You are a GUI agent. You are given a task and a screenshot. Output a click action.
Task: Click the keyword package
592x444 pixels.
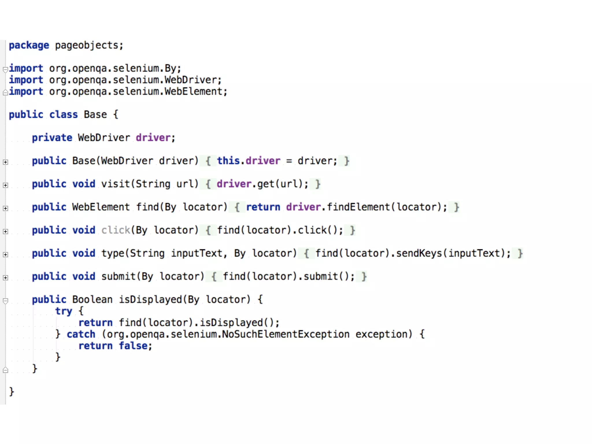click(x=29, y=45)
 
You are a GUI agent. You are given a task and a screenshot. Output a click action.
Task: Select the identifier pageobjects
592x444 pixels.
click(x=87, y=45)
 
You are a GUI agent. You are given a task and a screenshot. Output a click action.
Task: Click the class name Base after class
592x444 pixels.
click(x=95, y=115)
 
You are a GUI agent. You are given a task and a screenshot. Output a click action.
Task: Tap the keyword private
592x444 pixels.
click(x=52, y=138)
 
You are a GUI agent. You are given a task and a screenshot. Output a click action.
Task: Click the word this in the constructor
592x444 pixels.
click(x=228, y=161)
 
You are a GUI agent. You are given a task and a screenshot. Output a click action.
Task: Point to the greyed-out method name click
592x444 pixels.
click(x=116, y=230)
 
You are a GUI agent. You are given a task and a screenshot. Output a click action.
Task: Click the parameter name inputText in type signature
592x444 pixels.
click(x=197, y=253)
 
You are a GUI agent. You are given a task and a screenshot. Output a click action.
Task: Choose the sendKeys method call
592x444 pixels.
click(x=419, y=253)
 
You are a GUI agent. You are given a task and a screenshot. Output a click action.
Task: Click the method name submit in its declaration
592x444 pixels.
click(x=119, y=276)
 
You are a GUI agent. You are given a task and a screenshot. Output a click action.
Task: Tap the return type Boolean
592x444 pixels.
click(x=92, y=299)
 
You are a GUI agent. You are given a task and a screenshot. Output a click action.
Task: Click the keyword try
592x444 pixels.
click(x=64, y=311)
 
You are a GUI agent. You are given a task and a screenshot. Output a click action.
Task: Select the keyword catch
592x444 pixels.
click(x=81, y=334)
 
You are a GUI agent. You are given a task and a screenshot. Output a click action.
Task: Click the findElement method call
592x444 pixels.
click(x=358, y=207)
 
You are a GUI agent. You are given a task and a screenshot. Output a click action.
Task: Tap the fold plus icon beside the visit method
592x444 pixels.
click(x=5, y=185)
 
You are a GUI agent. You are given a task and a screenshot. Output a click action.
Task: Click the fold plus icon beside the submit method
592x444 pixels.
click(x=5, y=278)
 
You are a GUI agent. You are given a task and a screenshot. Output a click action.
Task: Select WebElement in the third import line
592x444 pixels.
click(x=194, y=92)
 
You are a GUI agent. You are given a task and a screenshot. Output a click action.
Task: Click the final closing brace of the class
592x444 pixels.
click(x=12, y=392)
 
